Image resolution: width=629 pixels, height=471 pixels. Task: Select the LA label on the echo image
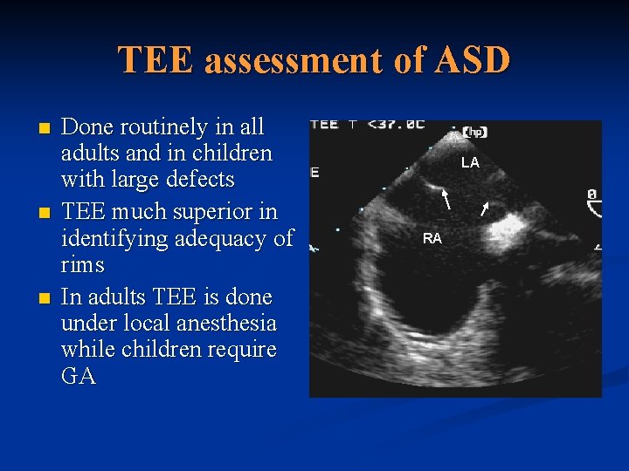pos(470,163)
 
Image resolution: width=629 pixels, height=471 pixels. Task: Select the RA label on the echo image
pos(432,238)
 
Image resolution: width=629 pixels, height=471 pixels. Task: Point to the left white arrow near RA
pos(446,200)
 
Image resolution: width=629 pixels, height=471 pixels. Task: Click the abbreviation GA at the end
pos(78,377)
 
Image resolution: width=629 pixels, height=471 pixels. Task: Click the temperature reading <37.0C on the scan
pos(395,124)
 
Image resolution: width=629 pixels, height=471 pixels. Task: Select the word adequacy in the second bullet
pos(223,238)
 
